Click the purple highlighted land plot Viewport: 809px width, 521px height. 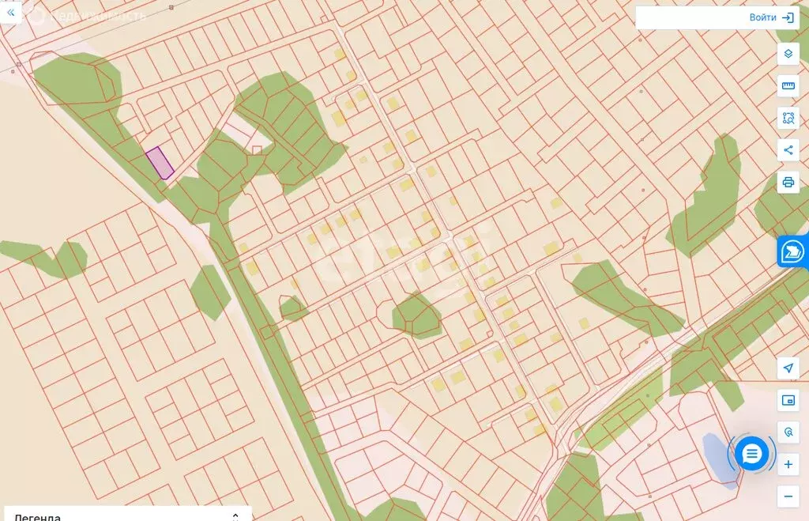(160, 162)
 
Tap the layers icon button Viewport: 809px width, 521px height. (788, 54)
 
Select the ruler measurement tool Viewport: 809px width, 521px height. (788, 85)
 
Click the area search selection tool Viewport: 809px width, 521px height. (788, 118)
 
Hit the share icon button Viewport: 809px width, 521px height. (788, 150)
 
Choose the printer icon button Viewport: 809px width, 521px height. (788, 182)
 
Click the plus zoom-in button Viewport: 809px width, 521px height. (788, 464)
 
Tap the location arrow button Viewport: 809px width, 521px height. (788, 368)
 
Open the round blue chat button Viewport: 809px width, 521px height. (751, 454)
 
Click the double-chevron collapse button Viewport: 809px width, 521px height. (10, 13)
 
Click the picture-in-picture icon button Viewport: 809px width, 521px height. (788, 401)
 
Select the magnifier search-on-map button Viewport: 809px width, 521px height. (788, 432)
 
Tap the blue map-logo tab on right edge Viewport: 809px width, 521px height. (792, 251)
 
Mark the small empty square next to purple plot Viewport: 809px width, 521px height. (257, 149)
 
